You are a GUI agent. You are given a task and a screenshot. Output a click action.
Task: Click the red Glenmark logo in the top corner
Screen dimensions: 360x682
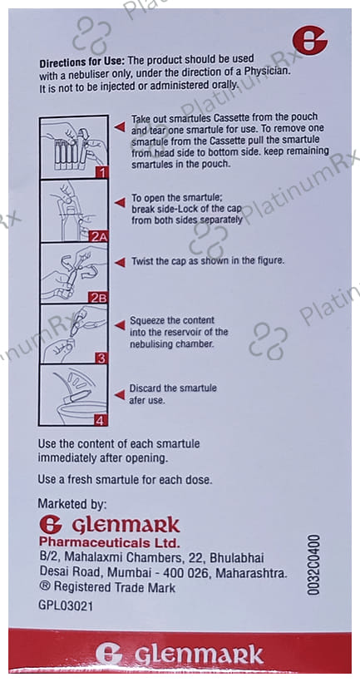click(x=309, y=40)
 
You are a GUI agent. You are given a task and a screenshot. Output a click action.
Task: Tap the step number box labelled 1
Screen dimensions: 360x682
click(x=101, y=173)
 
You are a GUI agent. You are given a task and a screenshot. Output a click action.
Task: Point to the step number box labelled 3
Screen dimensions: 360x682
click(x=101, y=358)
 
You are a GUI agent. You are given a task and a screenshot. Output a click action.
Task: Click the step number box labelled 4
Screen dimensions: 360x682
click(x=101, y=420)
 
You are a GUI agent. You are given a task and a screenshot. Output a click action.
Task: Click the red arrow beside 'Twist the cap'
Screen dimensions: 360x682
click(x=120, y=262)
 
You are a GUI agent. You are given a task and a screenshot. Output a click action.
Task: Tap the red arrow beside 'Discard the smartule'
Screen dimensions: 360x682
click(x=120, y=394)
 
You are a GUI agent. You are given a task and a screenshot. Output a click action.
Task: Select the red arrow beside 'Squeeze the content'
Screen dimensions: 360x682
click(x=120, y=325)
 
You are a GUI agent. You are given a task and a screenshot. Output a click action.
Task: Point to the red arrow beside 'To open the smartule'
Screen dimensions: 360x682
click(x=120, y=202)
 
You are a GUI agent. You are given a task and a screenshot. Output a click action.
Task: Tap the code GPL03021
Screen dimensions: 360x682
click(x=65, y=606)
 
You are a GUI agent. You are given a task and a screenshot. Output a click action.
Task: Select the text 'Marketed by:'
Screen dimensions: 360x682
click(x=72, y=504)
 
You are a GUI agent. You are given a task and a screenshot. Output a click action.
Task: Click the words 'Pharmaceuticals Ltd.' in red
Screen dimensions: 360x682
click(x=109, y=542)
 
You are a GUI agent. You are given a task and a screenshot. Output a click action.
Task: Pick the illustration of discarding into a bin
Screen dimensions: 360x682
click(x=73, y=395)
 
